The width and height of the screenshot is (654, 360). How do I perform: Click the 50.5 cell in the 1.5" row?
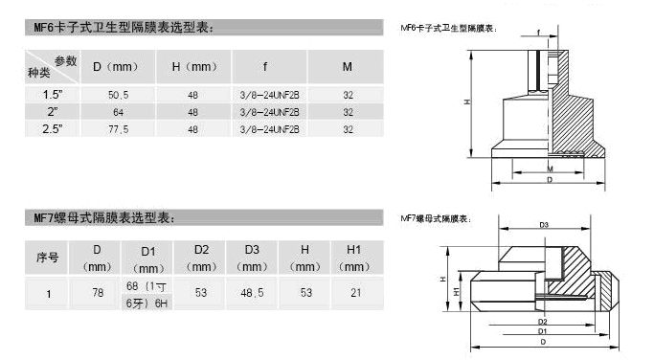point(117,96)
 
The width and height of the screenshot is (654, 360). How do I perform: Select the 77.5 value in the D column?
point(117,127)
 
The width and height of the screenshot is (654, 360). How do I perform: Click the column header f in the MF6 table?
point(263,67)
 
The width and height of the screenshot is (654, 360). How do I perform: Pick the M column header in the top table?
point(348,67)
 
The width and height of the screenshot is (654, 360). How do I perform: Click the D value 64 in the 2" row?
point(117,111)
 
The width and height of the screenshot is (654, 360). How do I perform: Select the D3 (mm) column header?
point(252,258)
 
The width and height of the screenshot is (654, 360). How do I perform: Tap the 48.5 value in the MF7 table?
point(252,293)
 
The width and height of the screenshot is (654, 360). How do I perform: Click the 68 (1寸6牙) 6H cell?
point(147,293)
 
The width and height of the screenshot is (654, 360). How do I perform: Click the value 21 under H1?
point(354,293)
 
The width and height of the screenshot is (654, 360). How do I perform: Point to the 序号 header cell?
point(48,258)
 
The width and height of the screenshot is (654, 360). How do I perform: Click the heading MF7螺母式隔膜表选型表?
point(100,219)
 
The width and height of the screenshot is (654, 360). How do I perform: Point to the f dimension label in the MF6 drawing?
point(539,34)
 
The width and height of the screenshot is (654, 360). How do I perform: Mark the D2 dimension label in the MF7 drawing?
point(542,322)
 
